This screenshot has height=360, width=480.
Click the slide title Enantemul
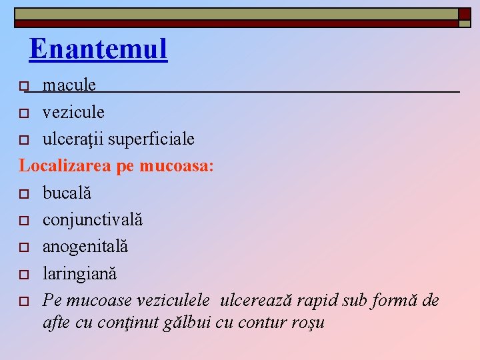click(98, 49)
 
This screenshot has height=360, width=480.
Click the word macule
click(69, 85)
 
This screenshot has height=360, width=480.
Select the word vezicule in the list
click(73, 112)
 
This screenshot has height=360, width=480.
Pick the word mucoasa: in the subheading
click(177, 166)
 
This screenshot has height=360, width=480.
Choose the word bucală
click(67, 193)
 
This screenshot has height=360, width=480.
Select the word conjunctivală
click(93, 219)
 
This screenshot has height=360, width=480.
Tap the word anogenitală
click(85, 247)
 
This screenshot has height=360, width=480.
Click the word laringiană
click(79, 273)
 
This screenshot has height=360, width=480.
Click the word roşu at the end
click(308, 323)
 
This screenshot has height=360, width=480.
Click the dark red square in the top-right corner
click(464, 14)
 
